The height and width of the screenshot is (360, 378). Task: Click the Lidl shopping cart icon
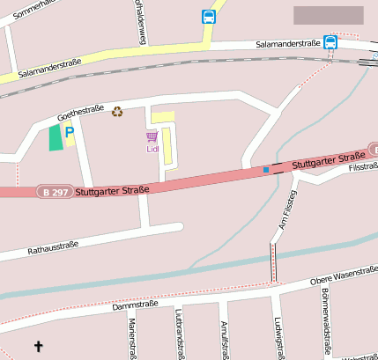[152, 136]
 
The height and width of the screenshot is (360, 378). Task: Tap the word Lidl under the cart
[152, 149]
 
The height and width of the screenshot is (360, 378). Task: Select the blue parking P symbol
[70, 132]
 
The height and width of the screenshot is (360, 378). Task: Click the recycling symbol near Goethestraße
[116, 111]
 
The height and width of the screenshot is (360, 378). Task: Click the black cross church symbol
[38, 346]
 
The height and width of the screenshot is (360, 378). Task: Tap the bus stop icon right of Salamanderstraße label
[330, 41]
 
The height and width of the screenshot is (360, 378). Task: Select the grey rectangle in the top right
[328, 15]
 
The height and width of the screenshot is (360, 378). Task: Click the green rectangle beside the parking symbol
[56, 137]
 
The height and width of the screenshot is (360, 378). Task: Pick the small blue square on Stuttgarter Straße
[266, 169]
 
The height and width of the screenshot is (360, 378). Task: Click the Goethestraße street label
[81, 110]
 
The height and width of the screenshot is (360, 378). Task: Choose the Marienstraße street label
[132, 338]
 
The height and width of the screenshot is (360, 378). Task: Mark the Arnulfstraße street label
[225, 340]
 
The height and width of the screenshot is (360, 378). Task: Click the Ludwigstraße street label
[278, 338]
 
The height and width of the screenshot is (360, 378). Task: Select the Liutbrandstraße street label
[179, 335]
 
